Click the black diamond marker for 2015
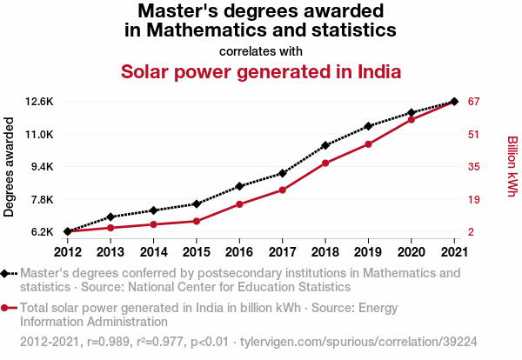coord(197,203)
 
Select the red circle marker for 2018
coord(325,163)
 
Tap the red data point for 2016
coord(239,204)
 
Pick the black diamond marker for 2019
coord(368,127)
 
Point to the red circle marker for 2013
coord(110,228)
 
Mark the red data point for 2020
coord(411,119)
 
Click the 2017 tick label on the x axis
coord(282,252)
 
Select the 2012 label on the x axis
coord(68,252)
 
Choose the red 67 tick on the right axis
coord(474,102)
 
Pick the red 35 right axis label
coord(474,167)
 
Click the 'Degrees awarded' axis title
coord(10,167)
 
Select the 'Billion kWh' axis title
coord(512,166)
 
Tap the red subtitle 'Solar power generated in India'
coord(261,71)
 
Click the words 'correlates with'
coord(261,50)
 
